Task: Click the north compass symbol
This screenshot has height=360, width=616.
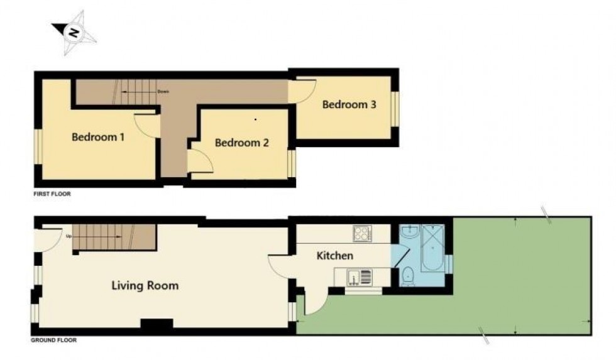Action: click(74, 33)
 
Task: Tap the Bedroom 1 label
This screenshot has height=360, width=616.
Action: click(97, 137)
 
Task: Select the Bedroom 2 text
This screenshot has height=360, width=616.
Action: click(242, 143)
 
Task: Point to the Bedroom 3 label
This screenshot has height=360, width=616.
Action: click(349, 105)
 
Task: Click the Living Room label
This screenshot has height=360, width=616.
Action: click(145, 286)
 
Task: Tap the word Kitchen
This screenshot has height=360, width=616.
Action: click(334, 256)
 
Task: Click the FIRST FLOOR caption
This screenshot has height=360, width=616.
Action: click(52, 195)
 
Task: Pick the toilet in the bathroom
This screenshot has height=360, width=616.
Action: click(407, 275)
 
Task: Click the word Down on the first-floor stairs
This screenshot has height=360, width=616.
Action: click(163, 92)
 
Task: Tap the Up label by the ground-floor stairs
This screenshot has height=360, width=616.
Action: click(68, 236)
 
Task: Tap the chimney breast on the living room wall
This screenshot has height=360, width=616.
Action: click(157, 325)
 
